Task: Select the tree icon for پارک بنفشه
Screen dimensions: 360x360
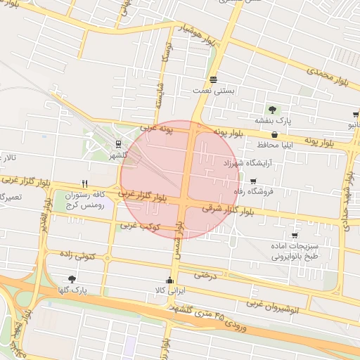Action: (271, 109)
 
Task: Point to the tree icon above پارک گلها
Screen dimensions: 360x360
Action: (72, 279)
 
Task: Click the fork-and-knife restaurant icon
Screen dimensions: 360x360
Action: (84, 184)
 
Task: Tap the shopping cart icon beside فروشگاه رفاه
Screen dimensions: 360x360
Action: (253, 181)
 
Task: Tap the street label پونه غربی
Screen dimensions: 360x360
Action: (156, 129)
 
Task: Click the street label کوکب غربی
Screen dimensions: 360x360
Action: (141, 226)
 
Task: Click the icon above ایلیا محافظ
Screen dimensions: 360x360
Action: (275, 134)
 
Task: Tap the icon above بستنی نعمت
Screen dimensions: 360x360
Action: (213, 78)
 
